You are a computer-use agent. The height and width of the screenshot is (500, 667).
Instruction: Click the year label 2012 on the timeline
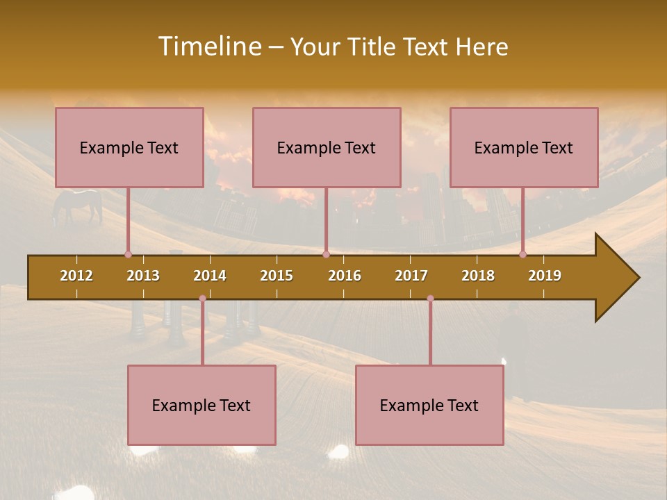point(76,276)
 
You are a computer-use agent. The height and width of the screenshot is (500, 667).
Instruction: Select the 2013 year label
point(143,276)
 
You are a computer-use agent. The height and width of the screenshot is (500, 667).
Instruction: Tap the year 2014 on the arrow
point(210,276)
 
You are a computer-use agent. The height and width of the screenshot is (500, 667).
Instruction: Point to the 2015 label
point(277,276)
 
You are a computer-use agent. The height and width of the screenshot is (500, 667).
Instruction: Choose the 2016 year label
point(345,276)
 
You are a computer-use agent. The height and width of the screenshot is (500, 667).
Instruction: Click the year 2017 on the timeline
point(411,276)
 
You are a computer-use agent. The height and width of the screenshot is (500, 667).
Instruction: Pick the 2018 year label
point(478,276)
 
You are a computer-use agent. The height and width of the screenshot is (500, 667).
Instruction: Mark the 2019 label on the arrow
point(545,276)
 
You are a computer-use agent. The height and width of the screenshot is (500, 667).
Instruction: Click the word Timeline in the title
point(208,47)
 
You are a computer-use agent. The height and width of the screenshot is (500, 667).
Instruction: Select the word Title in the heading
point(372,47)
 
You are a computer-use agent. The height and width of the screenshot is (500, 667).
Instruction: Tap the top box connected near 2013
point(129,147)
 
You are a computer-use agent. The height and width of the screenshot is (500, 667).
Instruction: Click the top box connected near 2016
point(327,147)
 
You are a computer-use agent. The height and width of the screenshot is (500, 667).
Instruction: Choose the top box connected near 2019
point(524,147)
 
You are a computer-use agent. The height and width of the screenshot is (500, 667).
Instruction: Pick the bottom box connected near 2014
point(201,405)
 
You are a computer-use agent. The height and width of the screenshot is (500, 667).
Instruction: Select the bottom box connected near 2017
point(429,405)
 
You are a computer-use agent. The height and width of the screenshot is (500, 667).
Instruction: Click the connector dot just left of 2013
point(128,254)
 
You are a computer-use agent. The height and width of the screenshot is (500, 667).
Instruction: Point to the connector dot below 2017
point(430,299)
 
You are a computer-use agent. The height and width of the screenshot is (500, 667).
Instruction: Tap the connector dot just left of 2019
point(522,254)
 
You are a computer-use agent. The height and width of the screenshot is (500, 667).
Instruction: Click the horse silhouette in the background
point(78,205)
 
